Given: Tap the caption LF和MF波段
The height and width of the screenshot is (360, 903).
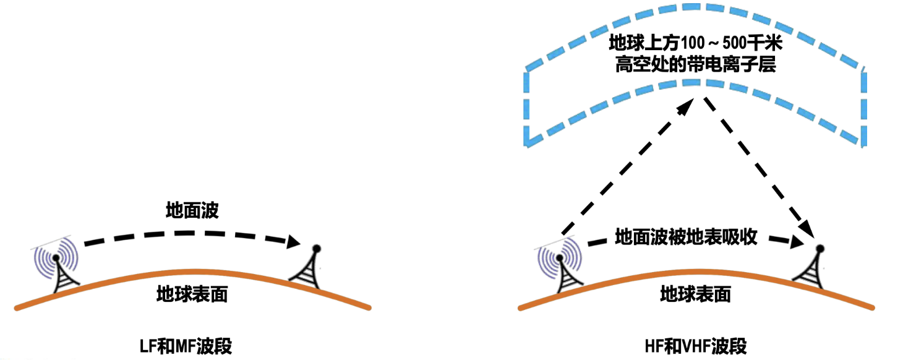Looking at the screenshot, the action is click(186, 346).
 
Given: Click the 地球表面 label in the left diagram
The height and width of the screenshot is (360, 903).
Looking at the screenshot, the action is click(192, 294).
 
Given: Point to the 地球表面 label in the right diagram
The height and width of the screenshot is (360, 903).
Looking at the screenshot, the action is click(695, 294).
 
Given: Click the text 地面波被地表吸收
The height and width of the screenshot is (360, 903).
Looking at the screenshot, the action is click(686, 238).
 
